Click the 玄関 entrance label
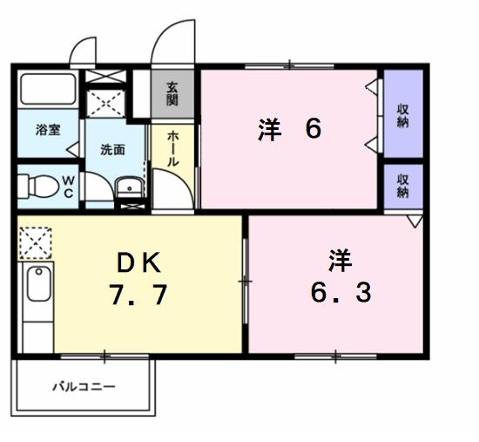(x=172, y=93)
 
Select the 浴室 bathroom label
(x=47, y=131)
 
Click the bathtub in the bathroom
(x=48, y=91)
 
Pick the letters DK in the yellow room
(x=138, y=262)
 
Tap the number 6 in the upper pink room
(x=314, y=129)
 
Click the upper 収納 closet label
(x=403, y=115)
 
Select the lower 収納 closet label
(x=403, y=186)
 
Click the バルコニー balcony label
(x=83, y=385)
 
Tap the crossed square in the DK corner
(x=36, y=241)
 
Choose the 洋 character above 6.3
(x=340, y=259)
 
